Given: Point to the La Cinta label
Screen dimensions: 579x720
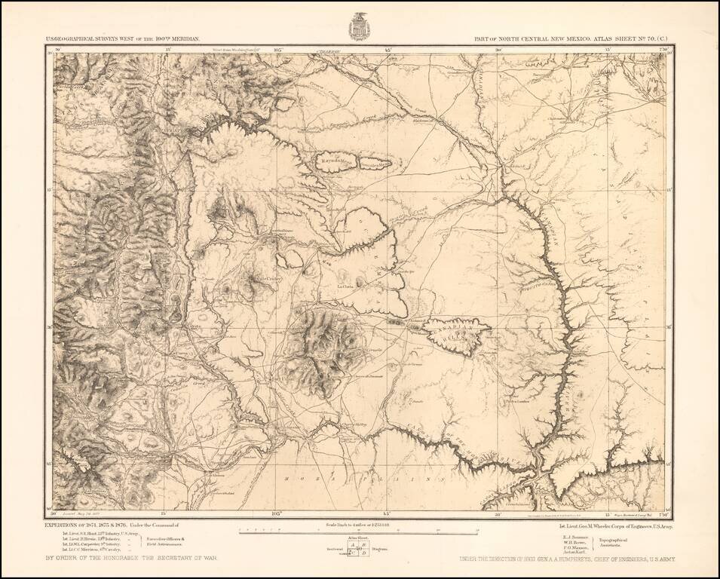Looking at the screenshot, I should (345, 286).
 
